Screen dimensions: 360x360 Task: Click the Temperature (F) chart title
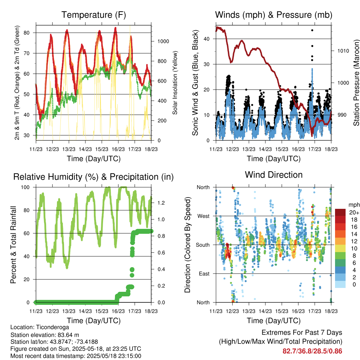click(94, 15)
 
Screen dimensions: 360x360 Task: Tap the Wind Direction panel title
click(274, 175)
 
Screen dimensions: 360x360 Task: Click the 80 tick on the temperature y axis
click(27, 33)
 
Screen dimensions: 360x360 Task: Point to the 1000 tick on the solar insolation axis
click(163, 41)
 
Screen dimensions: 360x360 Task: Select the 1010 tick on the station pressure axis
click(343, 51)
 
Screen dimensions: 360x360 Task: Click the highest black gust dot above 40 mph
click(312, 30)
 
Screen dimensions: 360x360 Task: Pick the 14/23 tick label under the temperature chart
click(85, 149)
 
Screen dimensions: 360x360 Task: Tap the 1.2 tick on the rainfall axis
click(161, 203)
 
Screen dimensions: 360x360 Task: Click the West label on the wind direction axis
click(204, 216)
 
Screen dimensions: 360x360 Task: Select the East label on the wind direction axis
click(204, 274)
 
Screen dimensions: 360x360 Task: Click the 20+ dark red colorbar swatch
click(340, 212)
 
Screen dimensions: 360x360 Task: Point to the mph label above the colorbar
click(354, 205)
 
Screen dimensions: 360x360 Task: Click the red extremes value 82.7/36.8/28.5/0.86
click(312, 351)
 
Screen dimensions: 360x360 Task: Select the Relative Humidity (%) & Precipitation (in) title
click(94, 177)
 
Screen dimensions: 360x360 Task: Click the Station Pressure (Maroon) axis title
click(356, 83)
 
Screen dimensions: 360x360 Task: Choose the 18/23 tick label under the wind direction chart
click(331, 311)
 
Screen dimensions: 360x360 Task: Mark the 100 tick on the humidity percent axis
click(25, 187)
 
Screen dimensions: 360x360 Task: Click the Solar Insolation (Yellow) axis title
click(175, 83)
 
